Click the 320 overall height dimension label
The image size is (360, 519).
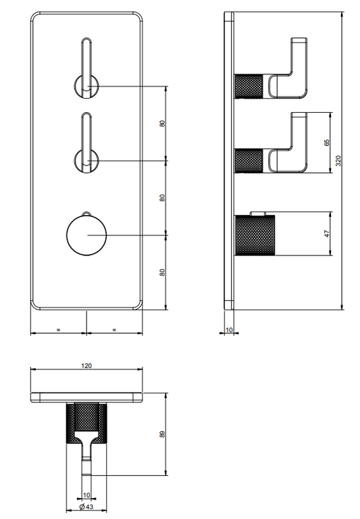point(338,161)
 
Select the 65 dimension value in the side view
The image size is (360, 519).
point(327,143)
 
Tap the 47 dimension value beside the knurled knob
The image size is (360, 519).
point(327,234)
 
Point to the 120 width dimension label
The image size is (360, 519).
point(86,366)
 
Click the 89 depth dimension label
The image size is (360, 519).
point(162,435)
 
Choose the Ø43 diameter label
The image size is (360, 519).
point(86,507)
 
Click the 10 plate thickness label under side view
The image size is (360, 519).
point(229,330)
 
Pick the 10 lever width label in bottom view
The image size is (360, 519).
point(86,495)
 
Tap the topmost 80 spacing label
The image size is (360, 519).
point(162,124)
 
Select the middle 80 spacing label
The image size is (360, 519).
point(162,198)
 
